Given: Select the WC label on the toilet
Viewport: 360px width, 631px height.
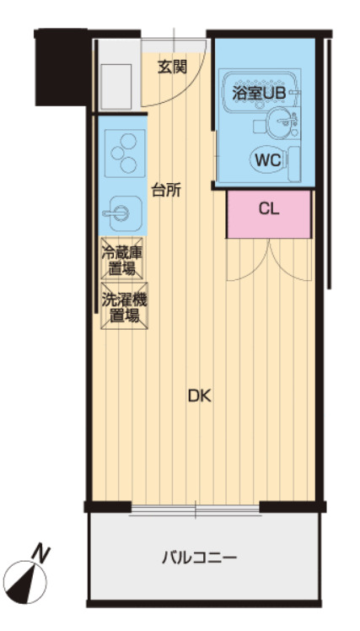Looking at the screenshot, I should [267, 159].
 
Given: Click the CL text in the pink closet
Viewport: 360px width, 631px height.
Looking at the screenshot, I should [269, 210].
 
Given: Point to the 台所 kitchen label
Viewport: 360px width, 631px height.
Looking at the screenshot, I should [166, 190].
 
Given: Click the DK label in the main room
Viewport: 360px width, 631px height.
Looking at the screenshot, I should [199, 396].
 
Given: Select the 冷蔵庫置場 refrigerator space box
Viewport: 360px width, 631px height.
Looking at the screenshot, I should [122, 259].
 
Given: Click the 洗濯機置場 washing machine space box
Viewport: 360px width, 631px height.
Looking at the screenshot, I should [122, 308].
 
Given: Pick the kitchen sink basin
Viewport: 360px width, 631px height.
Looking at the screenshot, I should [122, 211].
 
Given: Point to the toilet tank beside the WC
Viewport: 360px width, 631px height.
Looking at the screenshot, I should [293, 159].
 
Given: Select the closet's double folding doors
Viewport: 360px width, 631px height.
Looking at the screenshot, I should [269, 259].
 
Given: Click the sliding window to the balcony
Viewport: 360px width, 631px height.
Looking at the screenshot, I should [196, 510].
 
